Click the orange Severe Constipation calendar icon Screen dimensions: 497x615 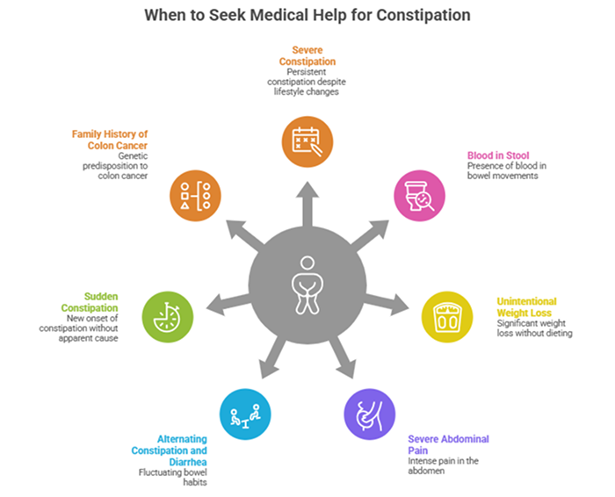(307, 141)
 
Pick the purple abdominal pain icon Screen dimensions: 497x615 (369, 413)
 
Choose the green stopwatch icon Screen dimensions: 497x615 (167, 315)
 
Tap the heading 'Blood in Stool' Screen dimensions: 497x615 (497, 155)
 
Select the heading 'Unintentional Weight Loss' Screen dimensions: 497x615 (526, 307)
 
